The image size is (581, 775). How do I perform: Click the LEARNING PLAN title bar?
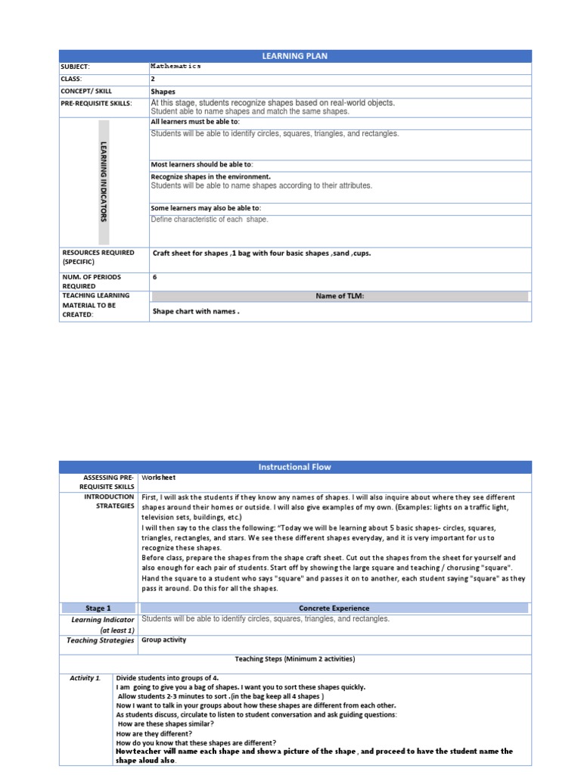point(295,56)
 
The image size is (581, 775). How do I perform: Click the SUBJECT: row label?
point(75,67)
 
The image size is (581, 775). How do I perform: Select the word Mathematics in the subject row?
point(176,67)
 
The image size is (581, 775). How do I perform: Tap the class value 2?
point(153,79)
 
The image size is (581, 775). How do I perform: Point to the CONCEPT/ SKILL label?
point(87,92)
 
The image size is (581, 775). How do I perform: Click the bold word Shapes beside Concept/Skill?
point(163,92)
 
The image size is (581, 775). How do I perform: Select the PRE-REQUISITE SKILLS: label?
point(96,104)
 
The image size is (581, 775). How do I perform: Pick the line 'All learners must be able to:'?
point(195,121)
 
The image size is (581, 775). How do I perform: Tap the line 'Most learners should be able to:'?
point(202,164)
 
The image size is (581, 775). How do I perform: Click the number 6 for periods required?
point(155,277)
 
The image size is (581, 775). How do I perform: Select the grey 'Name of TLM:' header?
point(340,296)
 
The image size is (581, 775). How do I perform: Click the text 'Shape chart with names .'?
point(196,311)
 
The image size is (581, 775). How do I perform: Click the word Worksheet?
point(158,478)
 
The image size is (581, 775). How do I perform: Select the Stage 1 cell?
point(98,608)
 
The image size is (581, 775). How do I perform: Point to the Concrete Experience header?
point(334,608)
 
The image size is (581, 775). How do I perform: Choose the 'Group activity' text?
point(163,640)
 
